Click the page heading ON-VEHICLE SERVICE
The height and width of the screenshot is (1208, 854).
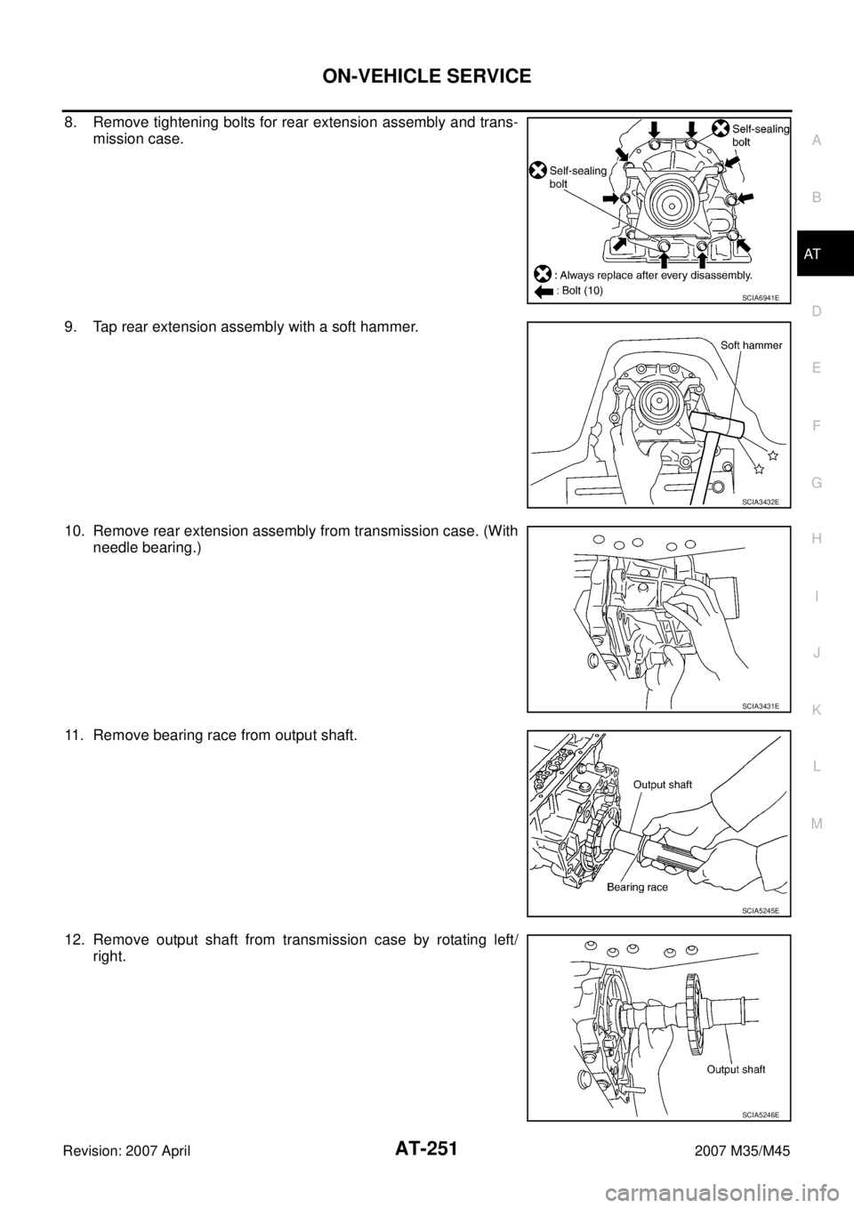click(426, 76)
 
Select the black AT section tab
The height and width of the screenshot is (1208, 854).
click(825, 253)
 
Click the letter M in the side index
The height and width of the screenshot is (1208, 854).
click(817, 824)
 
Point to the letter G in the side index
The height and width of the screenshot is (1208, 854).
click(817, 483)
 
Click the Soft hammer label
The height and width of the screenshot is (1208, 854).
click(751, 345)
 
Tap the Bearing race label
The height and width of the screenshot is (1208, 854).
click(637, 887)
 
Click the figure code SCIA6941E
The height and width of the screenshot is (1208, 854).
click(761, 297)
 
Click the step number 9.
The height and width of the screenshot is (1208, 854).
click(70, 327)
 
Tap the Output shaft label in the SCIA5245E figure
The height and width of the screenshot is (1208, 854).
click(663, 785)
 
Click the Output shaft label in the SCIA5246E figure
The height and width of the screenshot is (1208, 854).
click(736, 1069)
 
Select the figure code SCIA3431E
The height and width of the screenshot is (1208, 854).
click(761, 705)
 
